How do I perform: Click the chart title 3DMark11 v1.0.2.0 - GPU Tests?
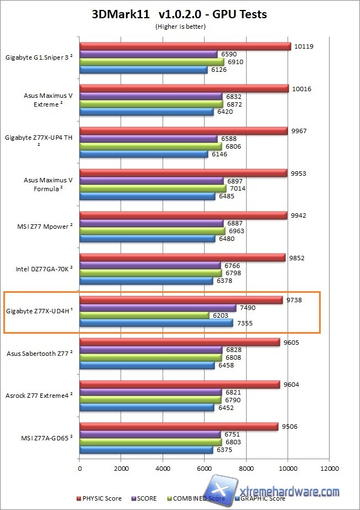point(180,14)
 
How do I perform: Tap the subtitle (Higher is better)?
point(180,26)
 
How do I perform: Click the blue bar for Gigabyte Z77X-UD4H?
point(156,323)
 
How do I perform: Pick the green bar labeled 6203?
point(144,315)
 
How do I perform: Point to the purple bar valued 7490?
point(158,308)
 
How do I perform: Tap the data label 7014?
point(237,188)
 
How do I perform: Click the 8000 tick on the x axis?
point(246,469)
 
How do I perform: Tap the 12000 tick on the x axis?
point(328,469)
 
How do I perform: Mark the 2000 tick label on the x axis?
point(121,469)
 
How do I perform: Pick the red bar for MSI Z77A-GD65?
point(179,426)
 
